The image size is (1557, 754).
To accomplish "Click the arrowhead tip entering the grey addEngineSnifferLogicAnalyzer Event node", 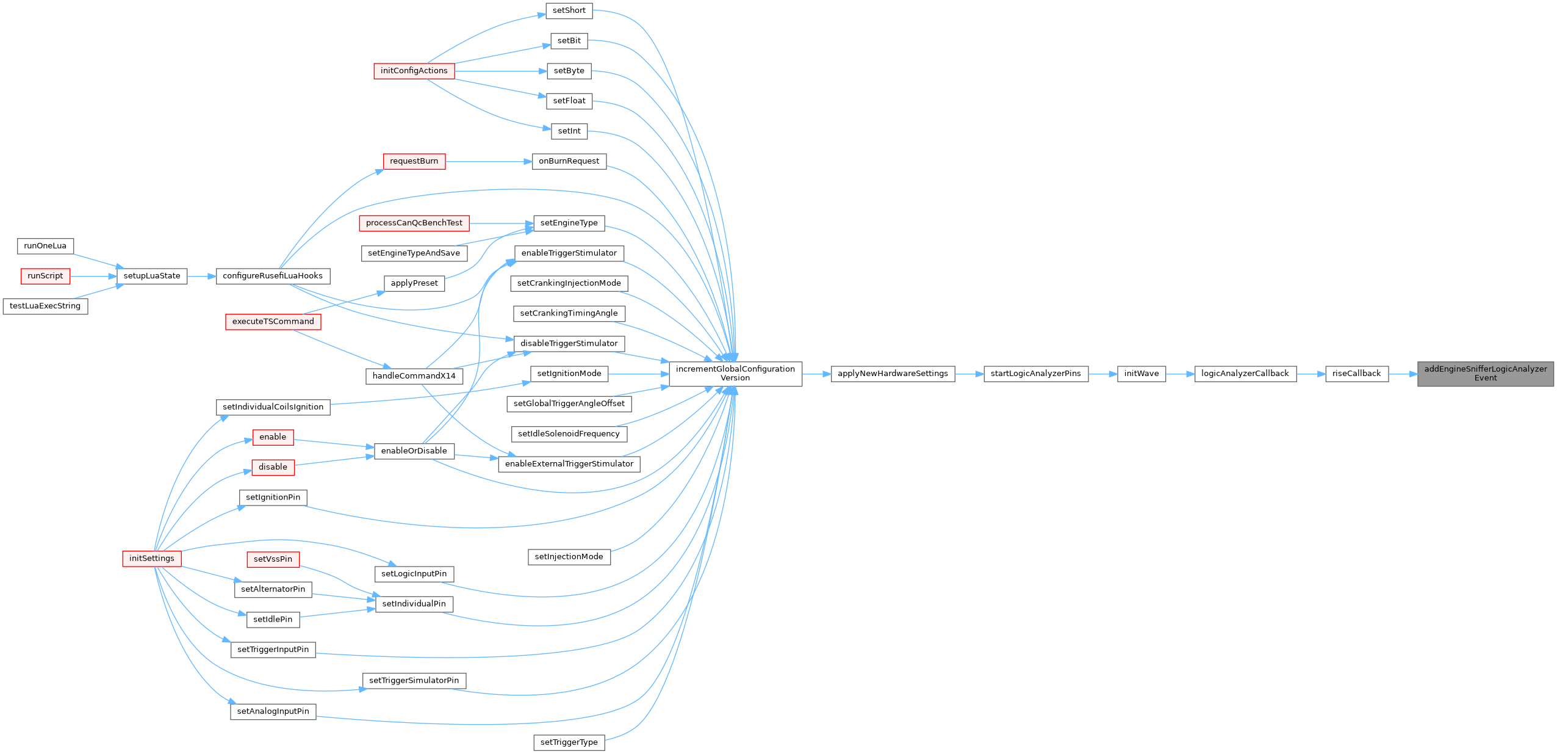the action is (1417, 374).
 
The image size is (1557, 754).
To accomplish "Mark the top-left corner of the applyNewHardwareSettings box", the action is (831, 366).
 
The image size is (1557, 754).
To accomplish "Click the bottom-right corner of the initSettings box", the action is (181, 567).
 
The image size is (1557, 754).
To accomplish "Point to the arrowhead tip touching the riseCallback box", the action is (1326, 374).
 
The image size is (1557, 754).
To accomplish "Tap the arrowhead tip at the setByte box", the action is (547, 71).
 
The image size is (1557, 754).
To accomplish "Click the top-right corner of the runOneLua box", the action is (73, 238).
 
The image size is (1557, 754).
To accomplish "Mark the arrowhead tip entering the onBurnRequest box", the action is (532, 162).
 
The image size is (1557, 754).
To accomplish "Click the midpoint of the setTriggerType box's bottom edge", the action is (569, 750).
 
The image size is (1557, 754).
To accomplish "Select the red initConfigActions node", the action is (414, 71).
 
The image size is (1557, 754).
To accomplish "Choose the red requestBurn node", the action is (414, 161).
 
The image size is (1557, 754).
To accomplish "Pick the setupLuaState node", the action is (152, 276).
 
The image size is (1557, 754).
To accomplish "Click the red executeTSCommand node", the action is (273, 322).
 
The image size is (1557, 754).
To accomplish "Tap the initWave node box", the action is (1142, 374).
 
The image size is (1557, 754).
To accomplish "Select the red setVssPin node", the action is (273, 559).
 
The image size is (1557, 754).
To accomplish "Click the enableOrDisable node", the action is (414, 451).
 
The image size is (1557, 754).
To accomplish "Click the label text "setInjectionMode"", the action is (569, 557).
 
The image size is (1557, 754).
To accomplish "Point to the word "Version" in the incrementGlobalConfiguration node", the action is (735, 378).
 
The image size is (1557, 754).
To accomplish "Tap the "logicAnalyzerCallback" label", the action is (1245, 374).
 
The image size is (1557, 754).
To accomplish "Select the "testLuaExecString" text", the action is (45, 306).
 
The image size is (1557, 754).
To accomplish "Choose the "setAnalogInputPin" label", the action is (273, 711).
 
